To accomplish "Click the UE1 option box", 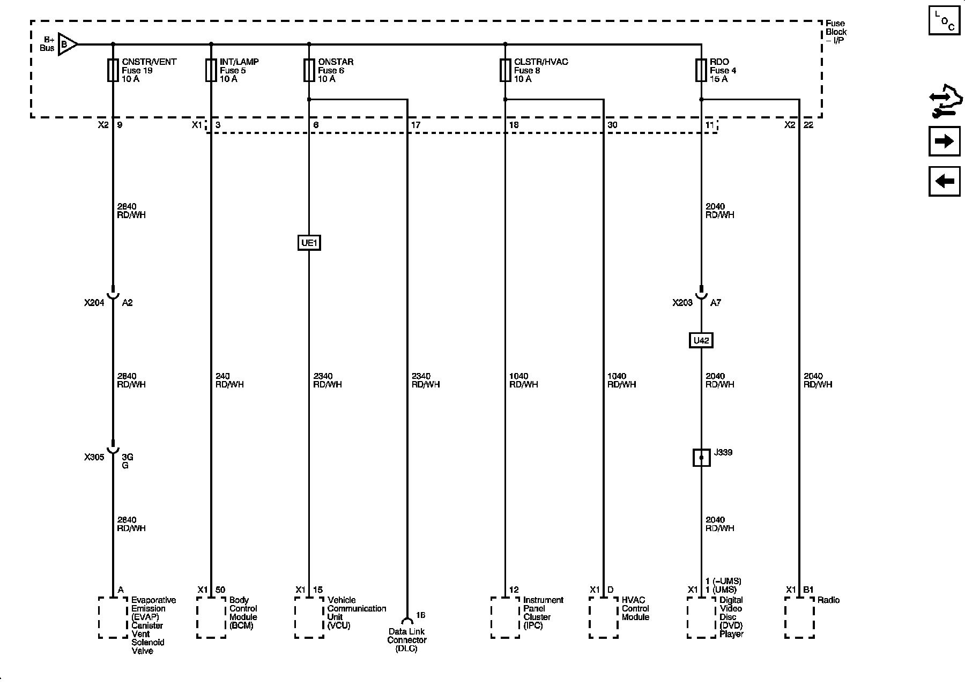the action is [x=309, y=243].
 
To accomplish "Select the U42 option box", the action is [x=701, y=340].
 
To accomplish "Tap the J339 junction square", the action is [x=701, y=457].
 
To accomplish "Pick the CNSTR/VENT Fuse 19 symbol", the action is [x=113, y=70].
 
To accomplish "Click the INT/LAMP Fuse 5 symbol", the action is [x=211, y=70].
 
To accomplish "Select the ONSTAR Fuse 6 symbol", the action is [x=309, y=70].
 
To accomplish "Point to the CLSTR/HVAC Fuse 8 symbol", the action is [x=505, y=70].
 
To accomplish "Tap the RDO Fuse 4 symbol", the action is [x=701, y=70].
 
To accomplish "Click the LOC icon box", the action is [x=944, y=20].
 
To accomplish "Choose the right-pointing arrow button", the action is [x=944, y=141].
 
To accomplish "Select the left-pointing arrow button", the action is [x=944, y=181].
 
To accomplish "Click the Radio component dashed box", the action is [x=799, y=617].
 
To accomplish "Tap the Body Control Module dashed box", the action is [x=211, y=617].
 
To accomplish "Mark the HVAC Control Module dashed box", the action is [x=603, y=617].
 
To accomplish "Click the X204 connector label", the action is [x=94, y=303].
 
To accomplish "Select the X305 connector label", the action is [x=94, y=457].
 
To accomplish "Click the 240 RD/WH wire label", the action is [x=229, y=381].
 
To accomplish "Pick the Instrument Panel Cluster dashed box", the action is [x=505, y=617].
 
